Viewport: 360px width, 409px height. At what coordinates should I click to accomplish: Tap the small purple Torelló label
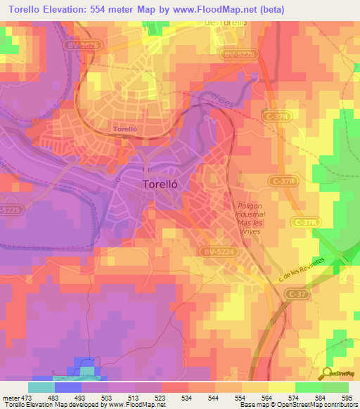124,129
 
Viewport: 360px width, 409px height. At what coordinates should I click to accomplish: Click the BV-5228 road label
240,53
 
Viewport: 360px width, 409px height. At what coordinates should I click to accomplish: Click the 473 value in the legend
27,396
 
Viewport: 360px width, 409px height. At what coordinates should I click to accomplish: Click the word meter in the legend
10,396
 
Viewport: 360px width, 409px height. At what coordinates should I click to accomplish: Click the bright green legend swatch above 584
309,387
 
